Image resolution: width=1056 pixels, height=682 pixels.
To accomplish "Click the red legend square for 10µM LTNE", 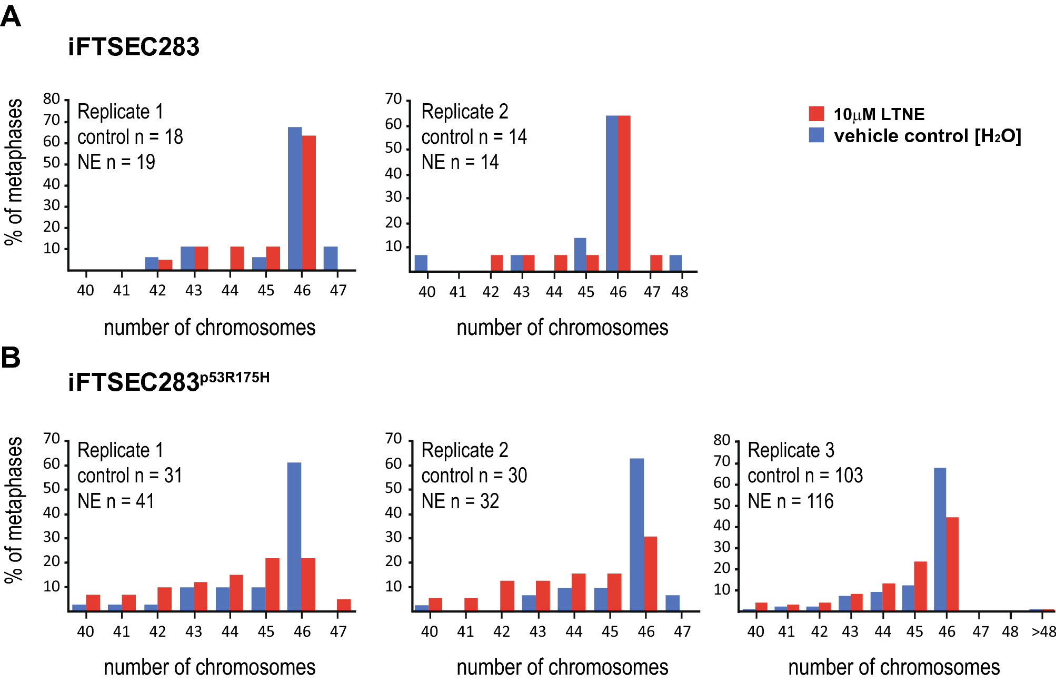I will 816,114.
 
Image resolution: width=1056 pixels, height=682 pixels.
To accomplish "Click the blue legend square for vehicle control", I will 816,135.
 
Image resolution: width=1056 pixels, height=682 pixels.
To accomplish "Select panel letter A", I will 11,17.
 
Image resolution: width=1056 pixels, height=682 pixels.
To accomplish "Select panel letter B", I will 11,358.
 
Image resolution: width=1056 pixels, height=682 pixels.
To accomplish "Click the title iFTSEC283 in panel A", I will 134,47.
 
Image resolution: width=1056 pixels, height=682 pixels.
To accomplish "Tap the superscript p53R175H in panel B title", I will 235,378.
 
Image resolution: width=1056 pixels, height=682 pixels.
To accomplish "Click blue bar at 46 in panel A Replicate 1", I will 295,199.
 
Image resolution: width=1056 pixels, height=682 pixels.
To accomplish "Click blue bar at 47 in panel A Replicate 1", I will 331,258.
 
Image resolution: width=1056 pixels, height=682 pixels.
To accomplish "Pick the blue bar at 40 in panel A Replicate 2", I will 421,263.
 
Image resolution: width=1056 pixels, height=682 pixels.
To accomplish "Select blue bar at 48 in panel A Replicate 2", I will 675,263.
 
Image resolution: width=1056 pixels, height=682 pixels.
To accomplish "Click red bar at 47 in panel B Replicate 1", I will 344,605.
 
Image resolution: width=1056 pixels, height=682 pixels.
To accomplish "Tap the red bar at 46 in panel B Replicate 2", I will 650,574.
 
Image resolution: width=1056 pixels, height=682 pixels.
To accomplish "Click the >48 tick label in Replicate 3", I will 1043,631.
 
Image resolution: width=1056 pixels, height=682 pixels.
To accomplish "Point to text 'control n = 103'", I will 805,476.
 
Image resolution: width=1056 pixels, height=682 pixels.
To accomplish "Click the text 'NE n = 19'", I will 116,162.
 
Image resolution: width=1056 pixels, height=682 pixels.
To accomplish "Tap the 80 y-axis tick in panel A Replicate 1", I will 52,99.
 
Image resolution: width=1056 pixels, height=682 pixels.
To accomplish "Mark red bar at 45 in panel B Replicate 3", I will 920,586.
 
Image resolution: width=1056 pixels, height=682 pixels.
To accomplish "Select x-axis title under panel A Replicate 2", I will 562,328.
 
